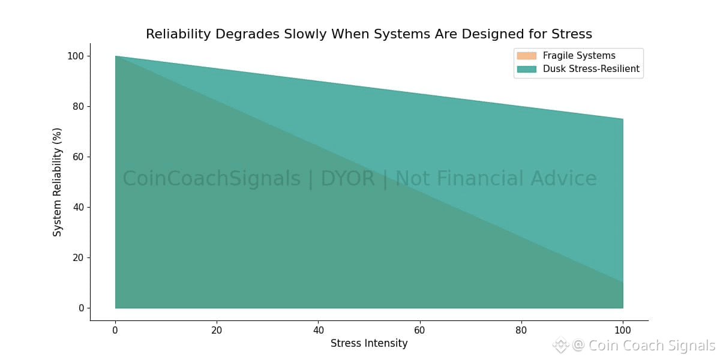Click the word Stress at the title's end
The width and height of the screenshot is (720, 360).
pyautogui.click(x=569, y=34)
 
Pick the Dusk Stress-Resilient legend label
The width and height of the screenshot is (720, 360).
pyautogui.click(x=591, y=69)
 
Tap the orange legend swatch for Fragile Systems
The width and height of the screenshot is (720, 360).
pyautogui.click(x=526, y=56)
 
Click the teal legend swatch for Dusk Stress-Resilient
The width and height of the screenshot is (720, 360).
pyautogui.click(x=526, y=69)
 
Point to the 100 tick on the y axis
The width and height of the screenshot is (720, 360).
pyautogui.click(x=75, y=56)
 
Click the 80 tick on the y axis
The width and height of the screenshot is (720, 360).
pyautogui.click(x=77, y=107)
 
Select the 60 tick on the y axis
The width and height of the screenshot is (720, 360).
pyautogui.click(x=77, y=157)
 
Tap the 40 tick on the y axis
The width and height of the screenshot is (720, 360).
pyautogui.click(x=77, y=208)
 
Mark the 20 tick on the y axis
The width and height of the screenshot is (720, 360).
pyautogui.click(x=77, y=258)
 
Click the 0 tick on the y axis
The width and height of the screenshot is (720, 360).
pyautogui.click(x=80, y=308)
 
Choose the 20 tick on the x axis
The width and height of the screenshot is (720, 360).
pyautogui.click(x=217, y=330)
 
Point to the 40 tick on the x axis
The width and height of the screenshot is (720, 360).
pyautogui.click(x=318, y=330)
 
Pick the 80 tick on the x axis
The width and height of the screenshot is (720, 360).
pyautogui.click(x=521, y=330)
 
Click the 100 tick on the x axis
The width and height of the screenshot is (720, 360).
pyautogui.click(x=623, y=330)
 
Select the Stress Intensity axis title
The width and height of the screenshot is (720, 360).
pyautogui.click(x=369, y=344)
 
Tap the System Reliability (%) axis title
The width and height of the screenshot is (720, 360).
pyautogui.click(x=58, y=182)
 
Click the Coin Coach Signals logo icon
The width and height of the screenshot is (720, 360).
pyautogui.click(x=560, y=345)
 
